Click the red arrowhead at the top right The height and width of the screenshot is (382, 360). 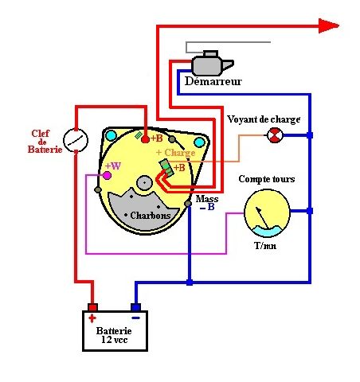329,25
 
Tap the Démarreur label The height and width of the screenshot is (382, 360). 213,81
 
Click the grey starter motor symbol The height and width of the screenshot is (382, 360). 212,63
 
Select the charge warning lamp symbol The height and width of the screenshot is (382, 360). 275,135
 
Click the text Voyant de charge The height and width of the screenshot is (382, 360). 264,119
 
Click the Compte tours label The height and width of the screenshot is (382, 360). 267,179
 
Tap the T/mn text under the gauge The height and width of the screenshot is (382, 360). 265,246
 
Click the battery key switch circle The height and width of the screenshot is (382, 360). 76,140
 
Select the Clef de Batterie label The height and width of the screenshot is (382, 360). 45,142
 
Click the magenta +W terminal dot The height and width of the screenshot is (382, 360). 107,175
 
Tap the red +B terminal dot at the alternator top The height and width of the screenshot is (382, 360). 145,139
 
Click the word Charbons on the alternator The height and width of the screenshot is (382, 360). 151,216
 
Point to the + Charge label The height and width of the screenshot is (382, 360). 176,153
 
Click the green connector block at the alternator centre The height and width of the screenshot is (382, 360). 166,168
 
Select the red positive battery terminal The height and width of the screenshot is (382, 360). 92,307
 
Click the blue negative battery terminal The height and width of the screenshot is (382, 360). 135,307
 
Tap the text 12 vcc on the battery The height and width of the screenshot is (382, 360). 115,340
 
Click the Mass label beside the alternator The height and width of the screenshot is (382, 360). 207,199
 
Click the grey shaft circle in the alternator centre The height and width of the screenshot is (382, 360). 144,183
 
